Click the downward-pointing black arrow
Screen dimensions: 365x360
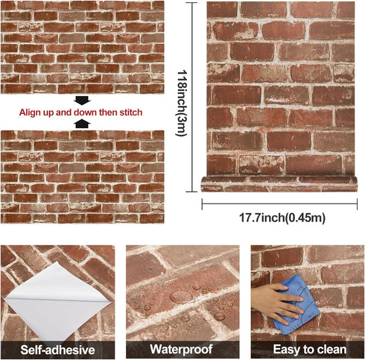[x=82, y=100]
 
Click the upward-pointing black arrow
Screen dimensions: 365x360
[x=83, y=124]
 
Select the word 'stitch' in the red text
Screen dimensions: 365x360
[x=131, y=113]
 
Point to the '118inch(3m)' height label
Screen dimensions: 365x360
[x=182, y=103]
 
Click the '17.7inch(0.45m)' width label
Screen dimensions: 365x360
[x=282, y=218]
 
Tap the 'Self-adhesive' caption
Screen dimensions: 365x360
[x=57, y=350]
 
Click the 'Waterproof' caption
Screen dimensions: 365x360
[x=182, y=349]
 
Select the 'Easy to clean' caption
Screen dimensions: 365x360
[x=310, y=350]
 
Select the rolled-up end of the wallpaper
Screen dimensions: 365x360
[x=279, y=184]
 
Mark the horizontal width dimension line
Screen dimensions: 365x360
[x=279, y=204]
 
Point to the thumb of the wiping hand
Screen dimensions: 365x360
[x=281, y=287]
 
